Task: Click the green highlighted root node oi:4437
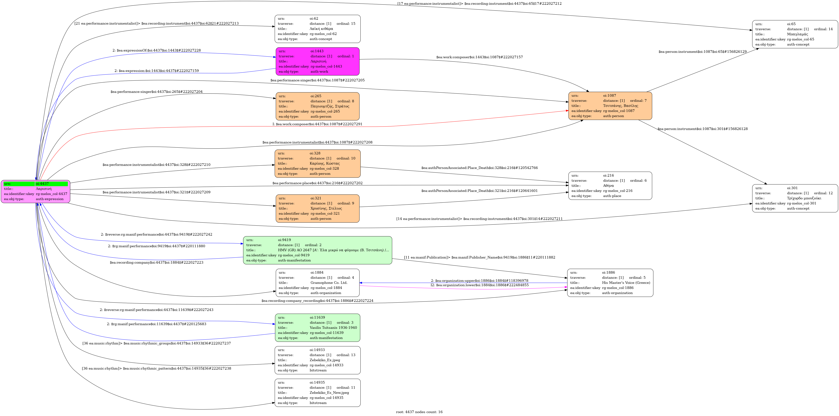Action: click(x=36, y=191)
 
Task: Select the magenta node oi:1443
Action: click(x=318, y=61)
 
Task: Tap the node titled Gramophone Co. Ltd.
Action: click(x=318, y=283)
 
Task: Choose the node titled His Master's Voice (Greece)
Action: click(x=610, y=283)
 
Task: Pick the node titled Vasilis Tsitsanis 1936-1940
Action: click(x=318, y=328)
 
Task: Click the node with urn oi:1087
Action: click(x=610, y=106)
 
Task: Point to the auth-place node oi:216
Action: click(x=610, y=186)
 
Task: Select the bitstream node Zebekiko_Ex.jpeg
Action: click(x=318, y=360)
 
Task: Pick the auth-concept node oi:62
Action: click(x=318, y=29)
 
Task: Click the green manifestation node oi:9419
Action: click(x=318, y=250)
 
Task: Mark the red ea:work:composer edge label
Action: click(x=317, y=124)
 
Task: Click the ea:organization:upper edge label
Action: click(x=479, y=281)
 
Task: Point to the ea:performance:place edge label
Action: click(x=317, y=183)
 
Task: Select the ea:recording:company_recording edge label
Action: click(x=317, y=301)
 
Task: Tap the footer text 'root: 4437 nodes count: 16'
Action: click(x=419, y=412)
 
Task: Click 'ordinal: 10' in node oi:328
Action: click(x=346, y=158)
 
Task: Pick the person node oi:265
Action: click(x=318, y=106)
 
